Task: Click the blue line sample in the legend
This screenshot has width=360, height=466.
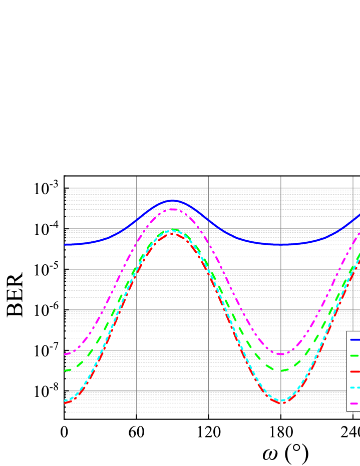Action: coord(354,340)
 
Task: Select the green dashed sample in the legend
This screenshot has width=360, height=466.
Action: coord(354,356)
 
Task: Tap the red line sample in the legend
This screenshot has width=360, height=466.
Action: coord(354,372)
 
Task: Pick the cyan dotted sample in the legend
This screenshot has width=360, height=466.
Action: coord(354,387)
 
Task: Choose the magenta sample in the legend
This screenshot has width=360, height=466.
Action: coord(354,403)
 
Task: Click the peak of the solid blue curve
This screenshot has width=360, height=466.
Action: coord(173,200)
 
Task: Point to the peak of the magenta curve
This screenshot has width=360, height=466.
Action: coord(173,209)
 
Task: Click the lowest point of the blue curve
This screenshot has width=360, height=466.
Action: coord(281,245)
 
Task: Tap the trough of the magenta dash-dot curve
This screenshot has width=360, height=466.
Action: coord(281,354)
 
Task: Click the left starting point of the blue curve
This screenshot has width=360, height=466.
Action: coord(66,245)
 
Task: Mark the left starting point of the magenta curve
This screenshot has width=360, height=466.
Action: coord(66,354)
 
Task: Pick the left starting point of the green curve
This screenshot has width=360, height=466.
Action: coord(66,370)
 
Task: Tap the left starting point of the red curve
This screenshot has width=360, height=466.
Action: coord(66,402)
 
